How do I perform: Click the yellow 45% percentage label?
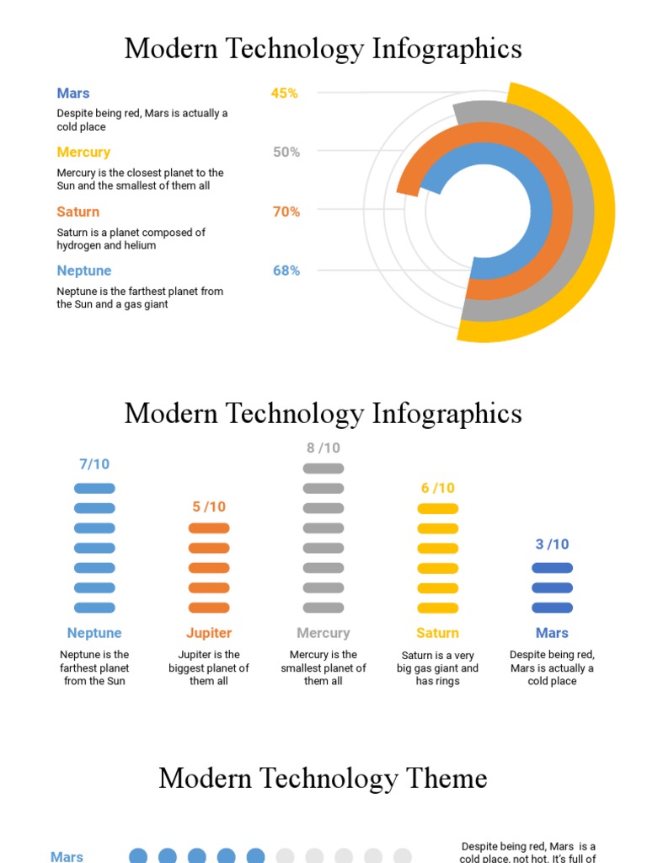tap(284, 94)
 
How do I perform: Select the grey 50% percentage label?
tap(286, 153)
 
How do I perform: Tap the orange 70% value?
tap(286, 212)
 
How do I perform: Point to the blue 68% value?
tap(286, 271)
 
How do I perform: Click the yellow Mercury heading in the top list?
tap(83, 153)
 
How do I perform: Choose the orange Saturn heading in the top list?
tap(78, 212)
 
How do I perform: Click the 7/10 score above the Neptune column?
tap(94, 464)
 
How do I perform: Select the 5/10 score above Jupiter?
tap(209, 507)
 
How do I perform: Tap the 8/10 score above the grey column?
tap(323, 448)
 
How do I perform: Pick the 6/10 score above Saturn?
tap(437, 488)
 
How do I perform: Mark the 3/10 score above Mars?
tap(552, 544)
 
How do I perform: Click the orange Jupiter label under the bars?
tap(209, 633)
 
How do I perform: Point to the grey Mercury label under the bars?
tap(323, 633)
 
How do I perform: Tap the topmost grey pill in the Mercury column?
tap(323, 469)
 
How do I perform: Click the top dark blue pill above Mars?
tap(552, 568)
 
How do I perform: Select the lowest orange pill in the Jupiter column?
tap(209, 608)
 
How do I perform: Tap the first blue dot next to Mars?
tap(138, 856)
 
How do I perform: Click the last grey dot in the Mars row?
tap(403, 856)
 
